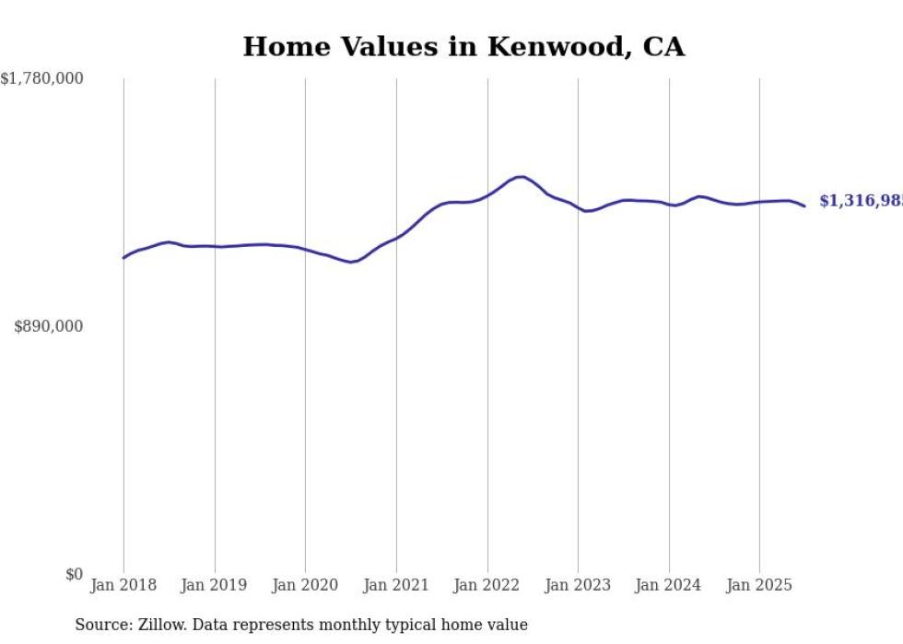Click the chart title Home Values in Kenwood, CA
coord(463,47)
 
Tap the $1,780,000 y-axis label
coord(42,79)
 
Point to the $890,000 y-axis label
coord(49,326)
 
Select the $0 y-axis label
coord(74,574)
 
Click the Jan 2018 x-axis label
coord(123,585)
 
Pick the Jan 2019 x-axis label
coord(215,585)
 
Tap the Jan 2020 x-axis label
coord(305,585)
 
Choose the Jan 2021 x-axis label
coord(396,585)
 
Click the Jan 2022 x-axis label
coord(487,585)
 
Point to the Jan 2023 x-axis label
coord(578,585)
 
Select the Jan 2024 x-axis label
coord(668,585)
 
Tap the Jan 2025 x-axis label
coord(759,585)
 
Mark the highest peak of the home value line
coord(522,177)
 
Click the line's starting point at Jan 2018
coord(123,258)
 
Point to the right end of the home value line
coord(804,205)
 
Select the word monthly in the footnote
coord(369,625)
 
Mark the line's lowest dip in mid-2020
coord(350,263)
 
